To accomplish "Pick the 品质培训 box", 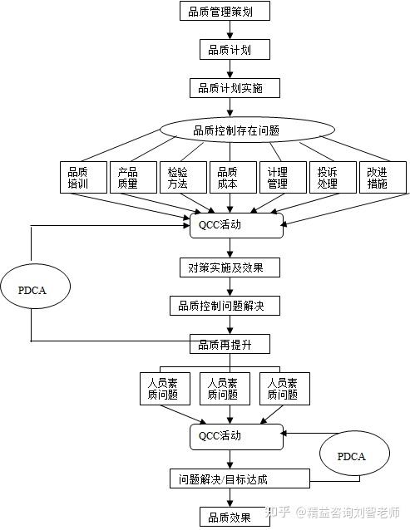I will coord(85,177).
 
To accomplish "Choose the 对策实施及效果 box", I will coord(229,267).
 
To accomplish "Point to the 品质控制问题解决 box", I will coord(224,306).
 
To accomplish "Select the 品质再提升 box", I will coord(224,344).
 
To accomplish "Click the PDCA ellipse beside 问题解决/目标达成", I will coord(350,457).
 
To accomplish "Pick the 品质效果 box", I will coord(224,517).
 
